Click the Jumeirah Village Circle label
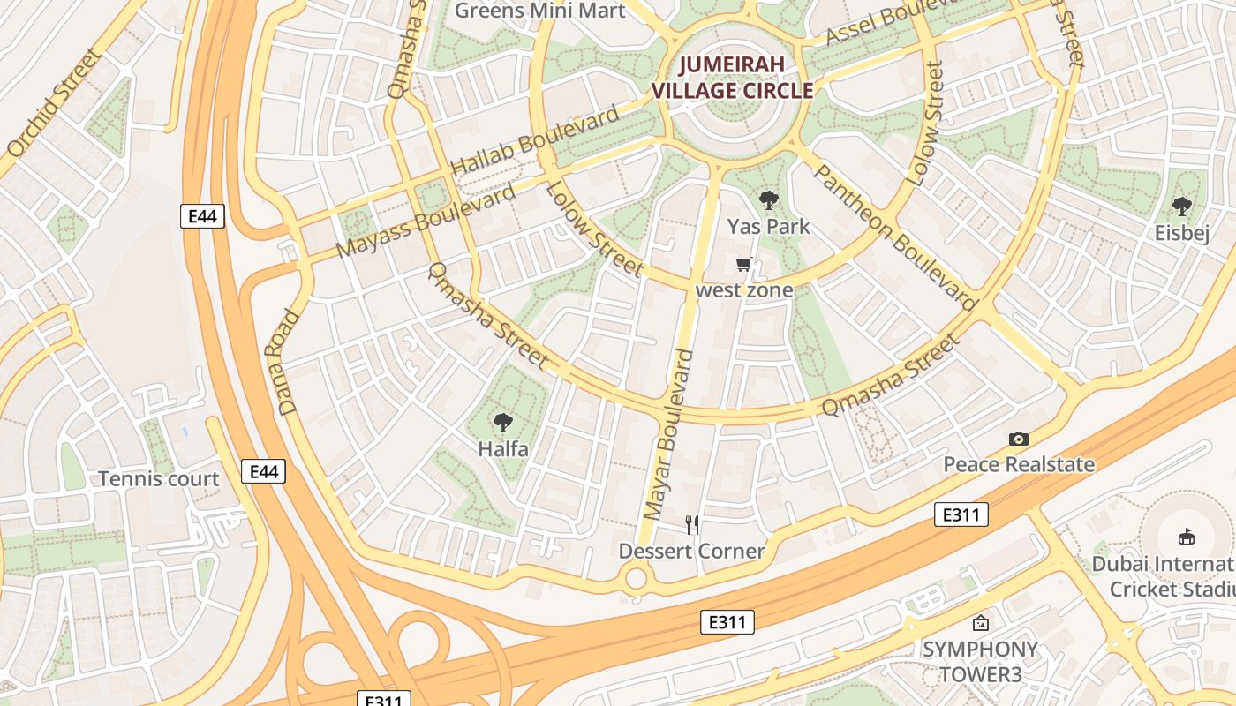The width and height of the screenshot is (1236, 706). point(743,78)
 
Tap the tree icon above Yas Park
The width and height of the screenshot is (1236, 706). point(768,200)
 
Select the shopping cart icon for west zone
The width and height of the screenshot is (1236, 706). point(744,264)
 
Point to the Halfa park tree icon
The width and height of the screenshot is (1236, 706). point(503,423)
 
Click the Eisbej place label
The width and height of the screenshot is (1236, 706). point(1181,233)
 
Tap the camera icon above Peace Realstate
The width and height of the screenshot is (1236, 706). point(1019,439)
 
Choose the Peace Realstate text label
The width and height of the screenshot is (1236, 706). point(1019,464)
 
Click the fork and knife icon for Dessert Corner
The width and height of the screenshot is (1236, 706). point(692,525)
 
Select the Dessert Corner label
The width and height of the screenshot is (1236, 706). point(691,552)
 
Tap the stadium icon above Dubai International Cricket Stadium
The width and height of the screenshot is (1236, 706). point(1187,537)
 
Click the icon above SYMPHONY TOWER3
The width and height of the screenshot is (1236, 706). point(980,624)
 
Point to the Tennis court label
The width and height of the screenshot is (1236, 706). point(158,479)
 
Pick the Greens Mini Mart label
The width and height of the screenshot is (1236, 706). point(539,11)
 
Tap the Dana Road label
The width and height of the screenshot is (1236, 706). point(289,362)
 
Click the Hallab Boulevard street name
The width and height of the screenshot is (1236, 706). point(535,141)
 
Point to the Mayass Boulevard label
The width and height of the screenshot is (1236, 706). point(426,221)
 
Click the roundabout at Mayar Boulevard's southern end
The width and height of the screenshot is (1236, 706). point(636,580)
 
